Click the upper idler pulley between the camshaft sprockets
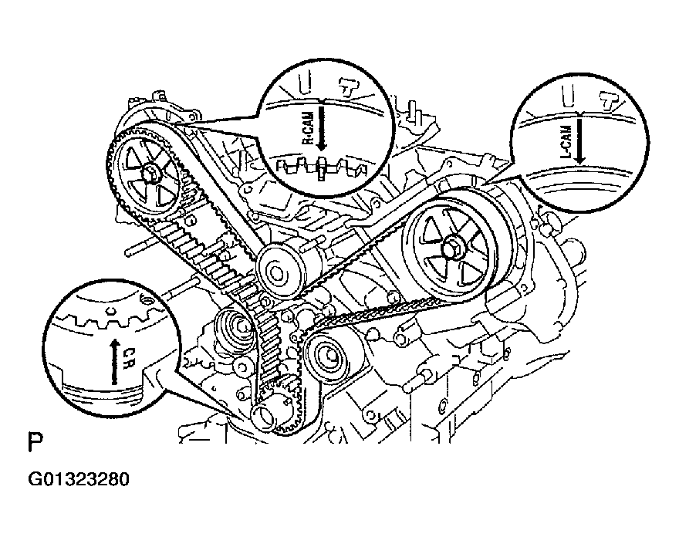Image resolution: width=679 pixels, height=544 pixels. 277,270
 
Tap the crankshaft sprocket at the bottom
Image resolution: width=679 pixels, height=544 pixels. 265,417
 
